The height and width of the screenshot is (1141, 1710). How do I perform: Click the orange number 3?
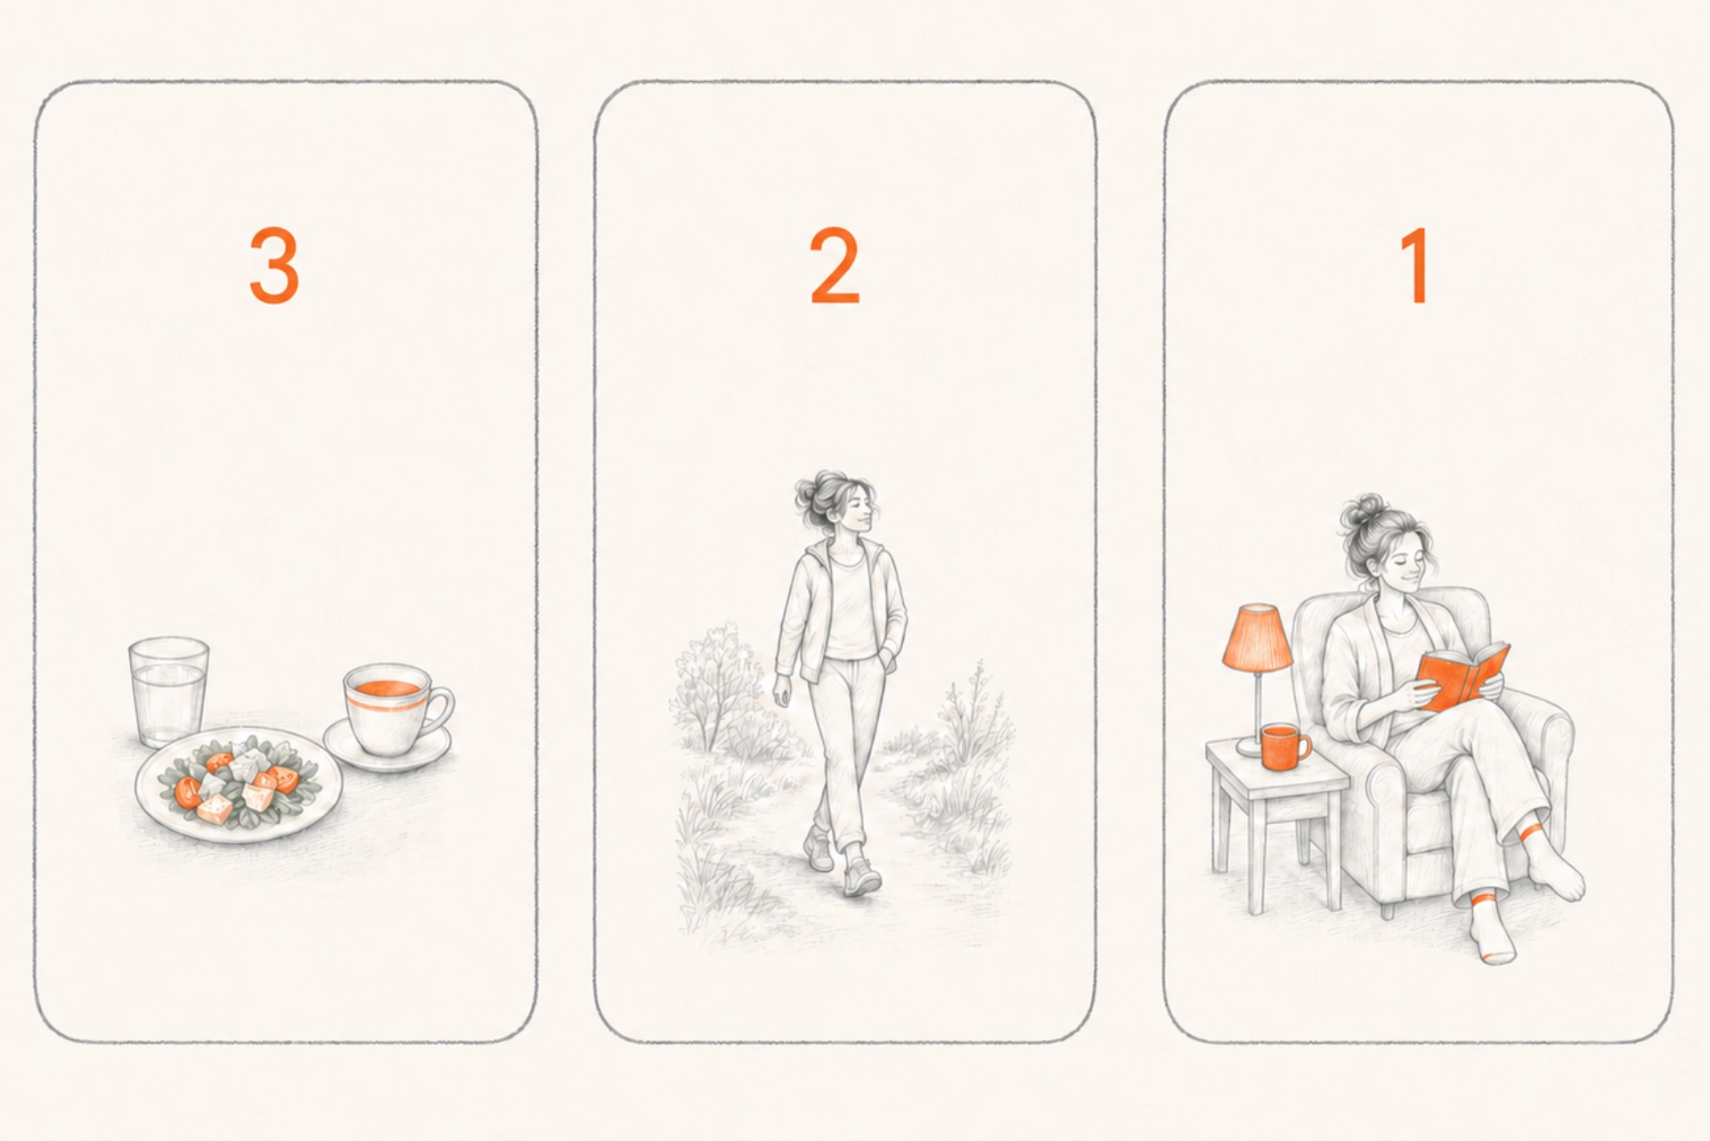pos(274,265)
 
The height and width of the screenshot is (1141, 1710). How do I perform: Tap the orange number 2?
pos(835,265)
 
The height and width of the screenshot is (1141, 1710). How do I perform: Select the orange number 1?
pos(1415,265)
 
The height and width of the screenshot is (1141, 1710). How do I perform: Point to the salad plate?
pos(239,784)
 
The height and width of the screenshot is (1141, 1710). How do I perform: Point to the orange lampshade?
pos(1257,638)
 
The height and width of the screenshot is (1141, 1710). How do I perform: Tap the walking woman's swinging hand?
pos(781,690)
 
